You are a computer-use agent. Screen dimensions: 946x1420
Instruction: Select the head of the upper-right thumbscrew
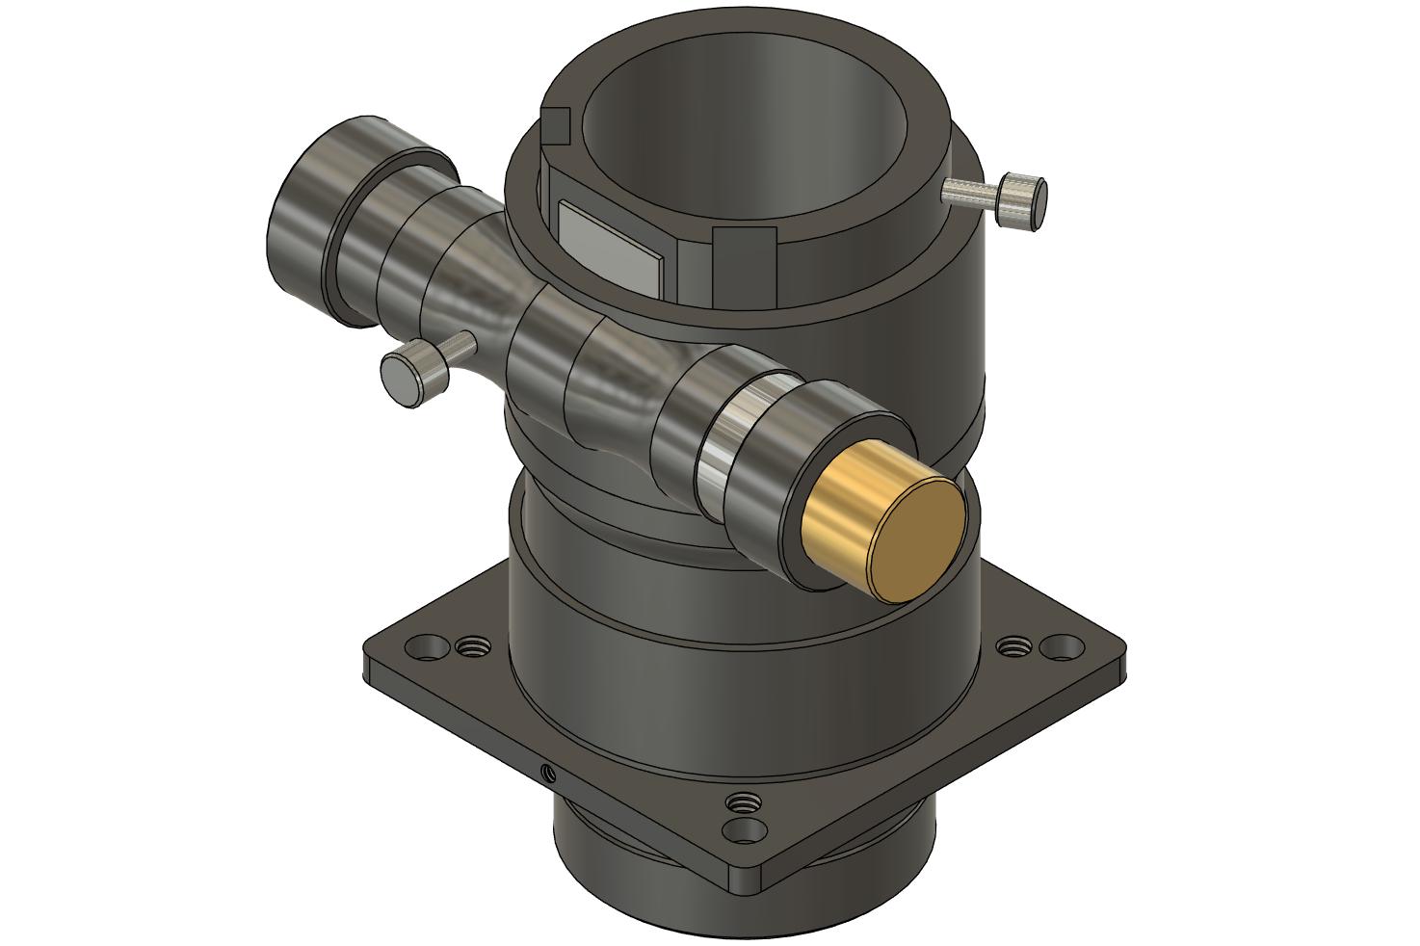[1022, 199]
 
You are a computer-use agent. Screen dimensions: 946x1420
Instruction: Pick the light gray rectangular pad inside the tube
[608, 247]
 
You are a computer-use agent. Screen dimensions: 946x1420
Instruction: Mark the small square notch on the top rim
[557, 125]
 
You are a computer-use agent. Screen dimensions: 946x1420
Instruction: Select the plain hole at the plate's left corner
[423, 646]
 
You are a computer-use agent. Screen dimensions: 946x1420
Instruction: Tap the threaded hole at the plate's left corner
[471, 646]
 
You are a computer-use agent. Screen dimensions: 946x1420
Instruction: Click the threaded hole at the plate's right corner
[1012, 646]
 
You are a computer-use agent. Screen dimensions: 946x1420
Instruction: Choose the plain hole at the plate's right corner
[1061, 646]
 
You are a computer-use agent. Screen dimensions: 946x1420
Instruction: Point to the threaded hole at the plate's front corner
[743, 801]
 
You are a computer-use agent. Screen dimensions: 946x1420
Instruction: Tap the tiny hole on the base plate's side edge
[548, 771]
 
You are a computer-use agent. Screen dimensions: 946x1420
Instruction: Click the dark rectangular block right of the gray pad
[744, 265]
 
